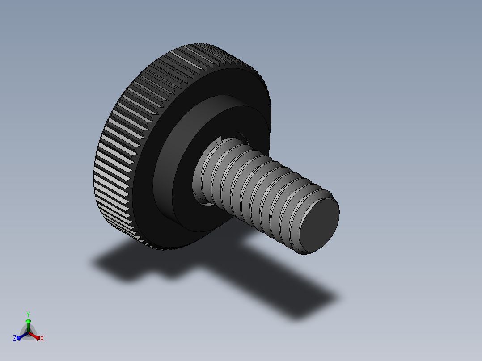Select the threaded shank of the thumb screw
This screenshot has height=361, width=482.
pyautogui.click(x=259, y=188)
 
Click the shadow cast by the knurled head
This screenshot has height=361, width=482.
pyautogui.click(x=134, y=264)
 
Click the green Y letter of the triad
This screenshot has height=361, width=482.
pyautogui.click(x=28, y=314)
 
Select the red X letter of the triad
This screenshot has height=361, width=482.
pyautogui.click(x=42, y=339)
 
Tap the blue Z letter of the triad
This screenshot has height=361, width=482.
pyautogui.click(x=15, y=339)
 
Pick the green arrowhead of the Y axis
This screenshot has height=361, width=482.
pyautogui.click(x=28, y=321)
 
